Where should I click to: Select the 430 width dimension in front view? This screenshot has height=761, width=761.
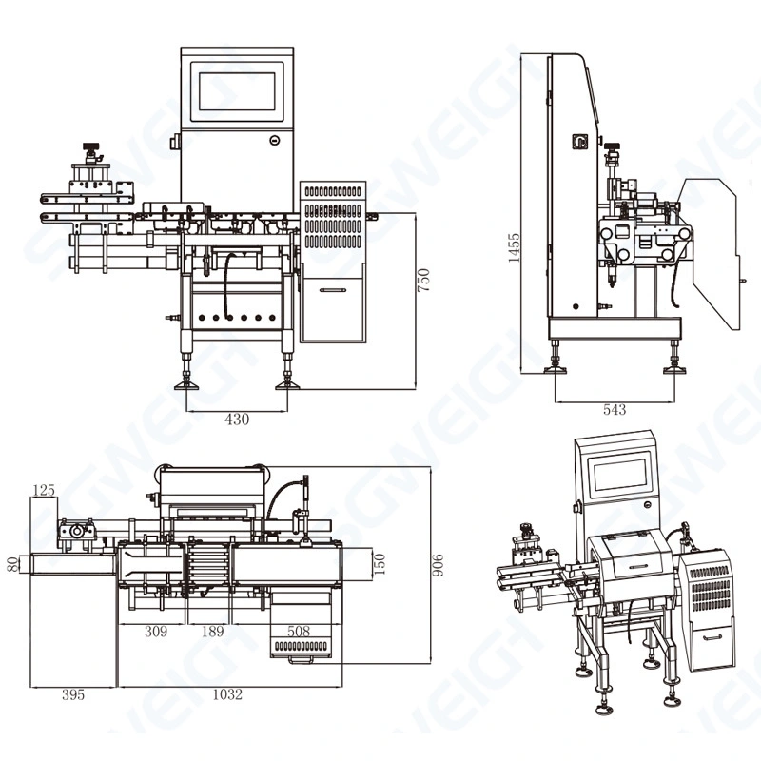237,420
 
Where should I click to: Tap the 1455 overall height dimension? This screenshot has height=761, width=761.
514,249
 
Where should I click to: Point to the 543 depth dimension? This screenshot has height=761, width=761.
615,410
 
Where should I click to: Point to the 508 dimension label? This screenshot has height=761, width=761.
300,630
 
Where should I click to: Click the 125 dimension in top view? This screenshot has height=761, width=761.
44,491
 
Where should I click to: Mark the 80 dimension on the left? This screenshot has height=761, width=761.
12,564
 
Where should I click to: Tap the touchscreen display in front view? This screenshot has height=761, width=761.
237,90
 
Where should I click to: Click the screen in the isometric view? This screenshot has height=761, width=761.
620,474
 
